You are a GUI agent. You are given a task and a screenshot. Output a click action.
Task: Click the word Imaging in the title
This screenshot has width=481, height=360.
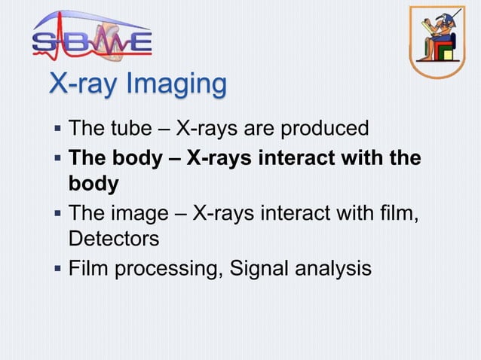179,85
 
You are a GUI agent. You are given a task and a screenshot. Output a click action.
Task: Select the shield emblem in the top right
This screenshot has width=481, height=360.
437,41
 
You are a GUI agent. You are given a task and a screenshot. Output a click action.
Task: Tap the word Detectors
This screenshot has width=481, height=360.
114,239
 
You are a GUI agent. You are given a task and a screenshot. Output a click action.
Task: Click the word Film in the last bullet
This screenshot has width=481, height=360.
86,267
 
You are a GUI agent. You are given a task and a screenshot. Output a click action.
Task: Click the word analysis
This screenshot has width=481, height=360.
334,269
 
